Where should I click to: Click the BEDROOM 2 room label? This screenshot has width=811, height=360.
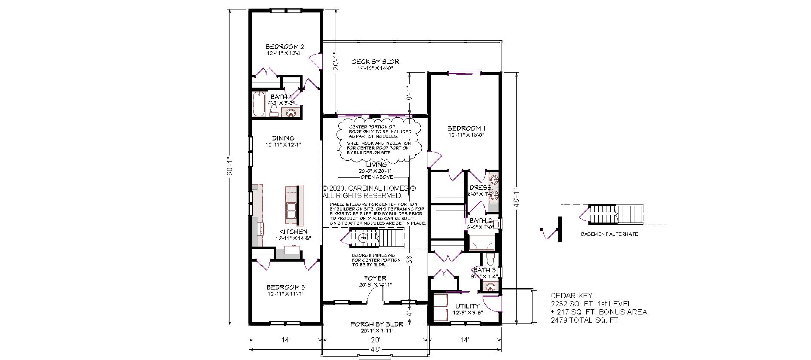[x=285, y=46]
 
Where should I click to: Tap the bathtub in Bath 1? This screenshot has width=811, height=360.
[x=259, y=104]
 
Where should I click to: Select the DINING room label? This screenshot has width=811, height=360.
[x=283, y=138]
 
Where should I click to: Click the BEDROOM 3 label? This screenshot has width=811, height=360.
[x=285, y=287]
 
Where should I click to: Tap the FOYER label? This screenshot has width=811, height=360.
[x=375, y=278]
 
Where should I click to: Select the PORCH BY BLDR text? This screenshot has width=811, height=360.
[x=376, y=324]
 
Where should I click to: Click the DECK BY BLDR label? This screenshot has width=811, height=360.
[x=375, y=62]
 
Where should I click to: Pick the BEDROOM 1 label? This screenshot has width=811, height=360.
[x=466, y=128]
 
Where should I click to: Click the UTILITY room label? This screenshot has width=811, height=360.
[x=467, y=306]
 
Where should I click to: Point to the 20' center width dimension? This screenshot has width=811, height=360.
[x=375, y=339]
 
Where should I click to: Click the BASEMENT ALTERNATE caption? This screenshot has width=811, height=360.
[x=609, y=234]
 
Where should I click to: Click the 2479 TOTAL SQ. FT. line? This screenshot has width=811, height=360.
[x=585, y=320]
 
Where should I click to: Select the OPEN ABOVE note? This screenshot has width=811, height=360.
[x=376, y=177]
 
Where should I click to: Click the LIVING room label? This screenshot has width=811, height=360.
[x=376, y=165]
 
